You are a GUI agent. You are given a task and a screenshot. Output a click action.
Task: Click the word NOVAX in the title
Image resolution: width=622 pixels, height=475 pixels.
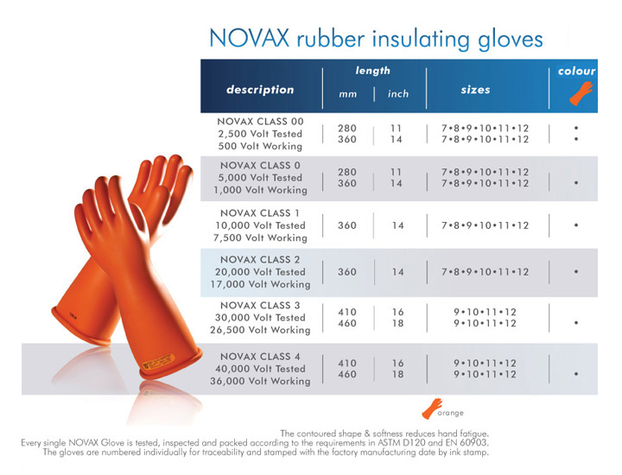[249, 39]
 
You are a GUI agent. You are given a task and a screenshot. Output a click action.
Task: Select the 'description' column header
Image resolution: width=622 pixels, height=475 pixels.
[260, 90]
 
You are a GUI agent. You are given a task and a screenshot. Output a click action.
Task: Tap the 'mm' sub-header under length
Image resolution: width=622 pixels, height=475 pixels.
[347, 94]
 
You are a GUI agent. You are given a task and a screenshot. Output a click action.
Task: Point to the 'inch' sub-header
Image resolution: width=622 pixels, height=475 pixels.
[398, 93]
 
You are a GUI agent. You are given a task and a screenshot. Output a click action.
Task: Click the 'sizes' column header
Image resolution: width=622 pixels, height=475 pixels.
[475, 90]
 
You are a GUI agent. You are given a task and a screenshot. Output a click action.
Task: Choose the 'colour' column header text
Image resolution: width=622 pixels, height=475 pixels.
[576, 71]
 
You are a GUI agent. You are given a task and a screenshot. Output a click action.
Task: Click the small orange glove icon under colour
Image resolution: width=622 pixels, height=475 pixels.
[581, 93]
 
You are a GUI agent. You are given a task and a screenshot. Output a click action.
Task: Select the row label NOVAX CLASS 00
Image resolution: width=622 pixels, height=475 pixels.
[260, 121]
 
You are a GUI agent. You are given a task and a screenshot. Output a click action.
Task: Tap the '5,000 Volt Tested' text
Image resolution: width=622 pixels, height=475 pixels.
[260, 178]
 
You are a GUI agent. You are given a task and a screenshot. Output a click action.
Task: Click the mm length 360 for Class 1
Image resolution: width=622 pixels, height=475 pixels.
[347, 225]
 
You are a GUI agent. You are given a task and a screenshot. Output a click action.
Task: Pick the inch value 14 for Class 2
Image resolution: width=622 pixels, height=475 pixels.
[398, 272]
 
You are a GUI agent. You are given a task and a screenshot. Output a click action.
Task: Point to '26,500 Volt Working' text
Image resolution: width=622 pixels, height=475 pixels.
[260, 330]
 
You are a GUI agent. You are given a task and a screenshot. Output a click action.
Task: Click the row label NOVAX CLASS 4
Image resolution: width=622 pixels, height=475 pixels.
[260, 357]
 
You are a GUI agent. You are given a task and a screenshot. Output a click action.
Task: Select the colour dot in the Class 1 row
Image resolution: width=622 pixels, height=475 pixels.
[576, 225]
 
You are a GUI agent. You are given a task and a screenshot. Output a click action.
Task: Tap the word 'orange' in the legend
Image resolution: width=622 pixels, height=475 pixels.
[451, 413]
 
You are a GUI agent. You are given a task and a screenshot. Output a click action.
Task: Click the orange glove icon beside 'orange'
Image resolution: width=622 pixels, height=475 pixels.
[432, 408]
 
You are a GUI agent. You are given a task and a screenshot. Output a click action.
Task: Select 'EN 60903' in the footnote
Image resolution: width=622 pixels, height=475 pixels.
[469, 442]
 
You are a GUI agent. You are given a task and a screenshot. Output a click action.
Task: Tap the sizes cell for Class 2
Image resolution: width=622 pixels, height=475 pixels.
[486, 272]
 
